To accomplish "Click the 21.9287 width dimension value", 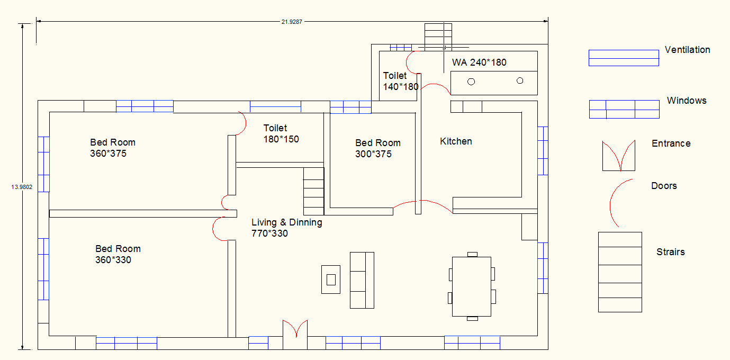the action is pyautogui.click(x=292, y=22).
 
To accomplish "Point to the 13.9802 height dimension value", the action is pyautogui.click(x=22, y=187).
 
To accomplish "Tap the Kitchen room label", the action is pyautogui.click(x=456, y=141).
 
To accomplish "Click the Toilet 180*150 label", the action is pyautogui.click(x=281, y=133).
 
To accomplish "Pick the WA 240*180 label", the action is pyautogui.click(x=479, y=62).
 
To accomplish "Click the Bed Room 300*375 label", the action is pyautogui.click(x=378, y=148).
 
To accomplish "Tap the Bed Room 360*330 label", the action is pyautogui.click(x=118, y=254).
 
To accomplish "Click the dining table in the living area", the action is pyautogui.click(x=472, y=286).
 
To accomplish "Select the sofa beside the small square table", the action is pyautogui.click(x=362, y=280).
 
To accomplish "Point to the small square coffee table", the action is pyautogui.click(x=331, y=280).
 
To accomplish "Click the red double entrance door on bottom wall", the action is pyautogui.click(x=295, y=328).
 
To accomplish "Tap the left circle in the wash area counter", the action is pyautogui.click(x=471, y=82).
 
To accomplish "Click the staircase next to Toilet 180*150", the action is pyautogui.click(x=313, y=191).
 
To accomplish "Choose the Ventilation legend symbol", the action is pyautogui.click(x=624, y=58).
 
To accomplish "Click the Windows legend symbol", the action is pyautogui.click(x=625, y=110).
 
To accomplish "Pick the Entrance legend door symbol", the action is pyautogui.click(x=619, y=156).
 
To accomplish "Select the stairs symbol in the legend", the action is pyautogui.click(x=620, y=272).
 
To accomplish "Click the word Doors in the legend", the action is pyautogui.click(x=664, y=186).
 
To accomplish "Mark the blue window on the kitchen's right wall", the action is pyautogui.click(x=543, y=151).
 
